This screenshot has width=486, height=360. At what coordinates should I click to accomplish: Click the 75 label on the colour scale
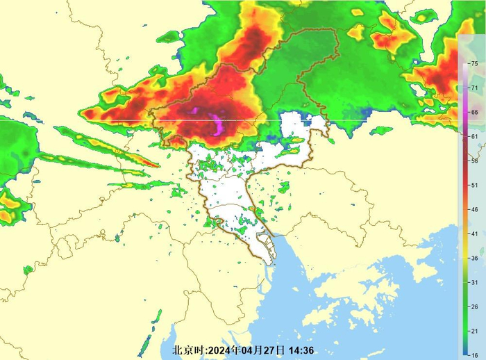tap(474, 64)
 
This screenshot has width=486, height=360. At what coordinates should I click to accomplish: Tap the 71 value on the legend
tap(474, 88)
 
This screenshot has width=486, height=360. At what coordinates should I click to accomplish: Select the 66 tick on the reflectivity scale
tap(474, 113)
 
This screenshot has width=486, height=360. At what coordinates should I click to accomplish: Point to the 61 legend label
tap(474, 137)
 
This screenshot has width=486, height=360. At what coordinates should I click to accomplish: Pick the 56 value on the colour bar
tap(474, 161)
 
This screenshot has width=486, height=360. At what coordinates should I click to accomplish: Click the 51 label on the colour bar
tap(474, 186)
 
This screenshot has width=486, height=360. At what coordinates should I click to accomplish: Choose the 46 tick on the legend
tap(474, 209)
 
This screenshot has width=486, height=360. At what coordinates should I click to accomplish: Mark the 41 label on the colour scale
tap(474, 234)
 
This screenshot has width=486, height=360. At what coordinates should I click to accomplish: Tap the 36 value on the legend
tap(474, 258)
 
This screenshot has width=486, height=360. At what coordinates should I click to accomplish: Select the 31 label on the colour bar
tap(474, 282)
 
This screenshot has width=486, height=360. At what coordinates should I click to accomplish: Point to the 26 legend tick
tap(474, 306)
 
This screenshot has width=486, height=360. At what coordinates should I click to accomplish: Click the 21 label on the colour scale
tap(474, 331)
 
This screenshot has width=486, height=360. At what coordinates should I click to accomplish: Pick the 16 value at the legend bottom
tap(474, 354)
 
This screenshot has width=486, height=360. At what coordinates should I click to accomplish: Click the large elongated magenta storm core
tap(218, 126)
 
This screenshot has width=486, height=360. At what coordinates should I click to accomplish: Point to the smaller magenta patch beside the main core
tap(195, 111)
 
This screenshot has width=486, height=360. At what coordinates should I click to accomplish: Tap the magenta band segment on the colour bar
tap(464, 113)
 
